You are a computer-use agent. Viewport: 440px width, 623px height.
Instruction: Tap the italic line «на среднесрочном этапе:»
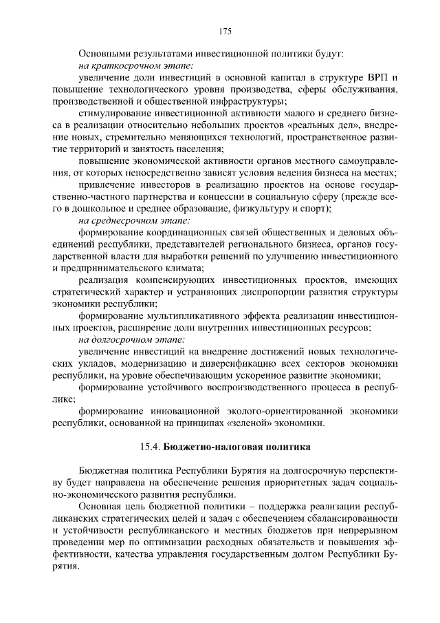(x=135, y=220)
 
